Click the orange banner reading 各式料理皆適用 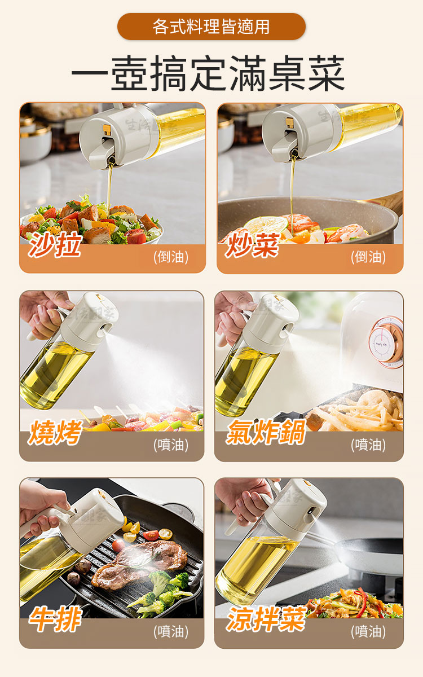pyautogui.click(x=211, y=27)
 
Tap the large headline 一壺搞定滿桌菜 pyautogui.click(x=208, y=73)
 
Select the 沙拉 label pyautogui.click(x=55, y=244)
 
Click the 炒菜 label pyautogui.click(x=252, y=245)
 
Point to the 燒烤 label pyautogui.click(x=55, y=432)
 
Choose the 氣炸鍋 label pyautogui.click(x=266, y=432)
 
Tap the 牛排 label pyautogui.click(x=55, y=619)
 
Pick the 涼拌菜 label pyautogui.click(x=266, y=619)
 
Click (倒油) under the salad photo pyautogui.click(x=171, y=257)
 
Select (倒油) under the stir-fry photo pyautogui.click(x=368, y=257)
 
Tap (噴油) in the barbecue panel pyautogui.click(x=171, y=445)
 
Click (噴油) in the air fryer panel pyautogui.click(x=368, y=445)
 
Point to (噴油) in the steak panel pyautogui.click(x=171, y=632)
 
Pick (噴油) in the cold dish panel pyautogui.click(x=368, y=632)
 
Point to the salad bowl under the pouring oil pyautogui.click(x=91, y=223)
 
